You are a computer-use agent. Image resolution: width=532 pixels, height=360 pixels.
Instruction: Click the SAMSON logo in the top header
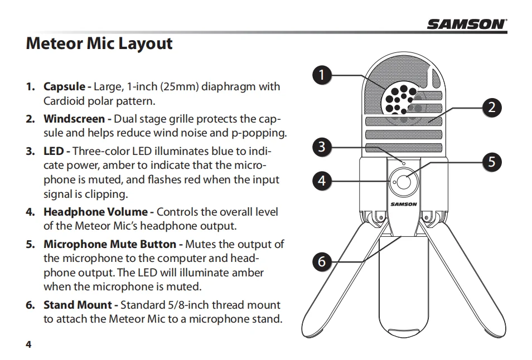tap(467, 23)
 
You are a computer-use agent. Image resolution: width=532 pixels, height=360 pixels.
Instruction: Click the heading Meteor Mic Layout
tap(99, 44)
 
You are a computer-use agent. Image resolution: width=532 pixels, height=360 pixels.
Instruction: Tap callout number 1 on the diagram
tap(322, 74)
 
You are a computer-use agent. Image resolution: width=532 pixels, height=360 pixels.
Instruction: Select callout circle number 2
tap(491, 107)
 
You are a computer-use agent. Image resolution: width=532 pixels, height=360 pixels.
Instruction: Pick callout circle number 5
tap(491, 162)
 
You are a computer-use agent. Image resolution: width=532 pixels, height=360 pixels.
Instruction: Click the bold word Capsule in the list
tap(64, 87)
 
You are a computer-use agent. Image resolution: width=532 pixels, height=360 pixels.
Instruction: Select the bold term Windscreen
tap(74, 119)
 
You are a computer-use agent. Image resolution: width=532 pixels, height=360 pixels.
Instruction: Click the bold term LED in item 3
tap(54, 151)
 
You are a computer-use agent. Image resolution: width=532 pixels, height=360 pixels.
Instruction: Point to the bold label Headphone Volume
tap(95, 212)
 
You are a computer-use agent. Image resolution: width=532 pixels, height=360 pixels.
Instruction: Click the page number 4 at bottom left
tap(28, 344)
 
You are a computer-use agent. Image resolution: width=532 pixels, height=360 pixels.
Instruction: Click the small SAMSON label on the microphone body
tap(403, 204)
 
